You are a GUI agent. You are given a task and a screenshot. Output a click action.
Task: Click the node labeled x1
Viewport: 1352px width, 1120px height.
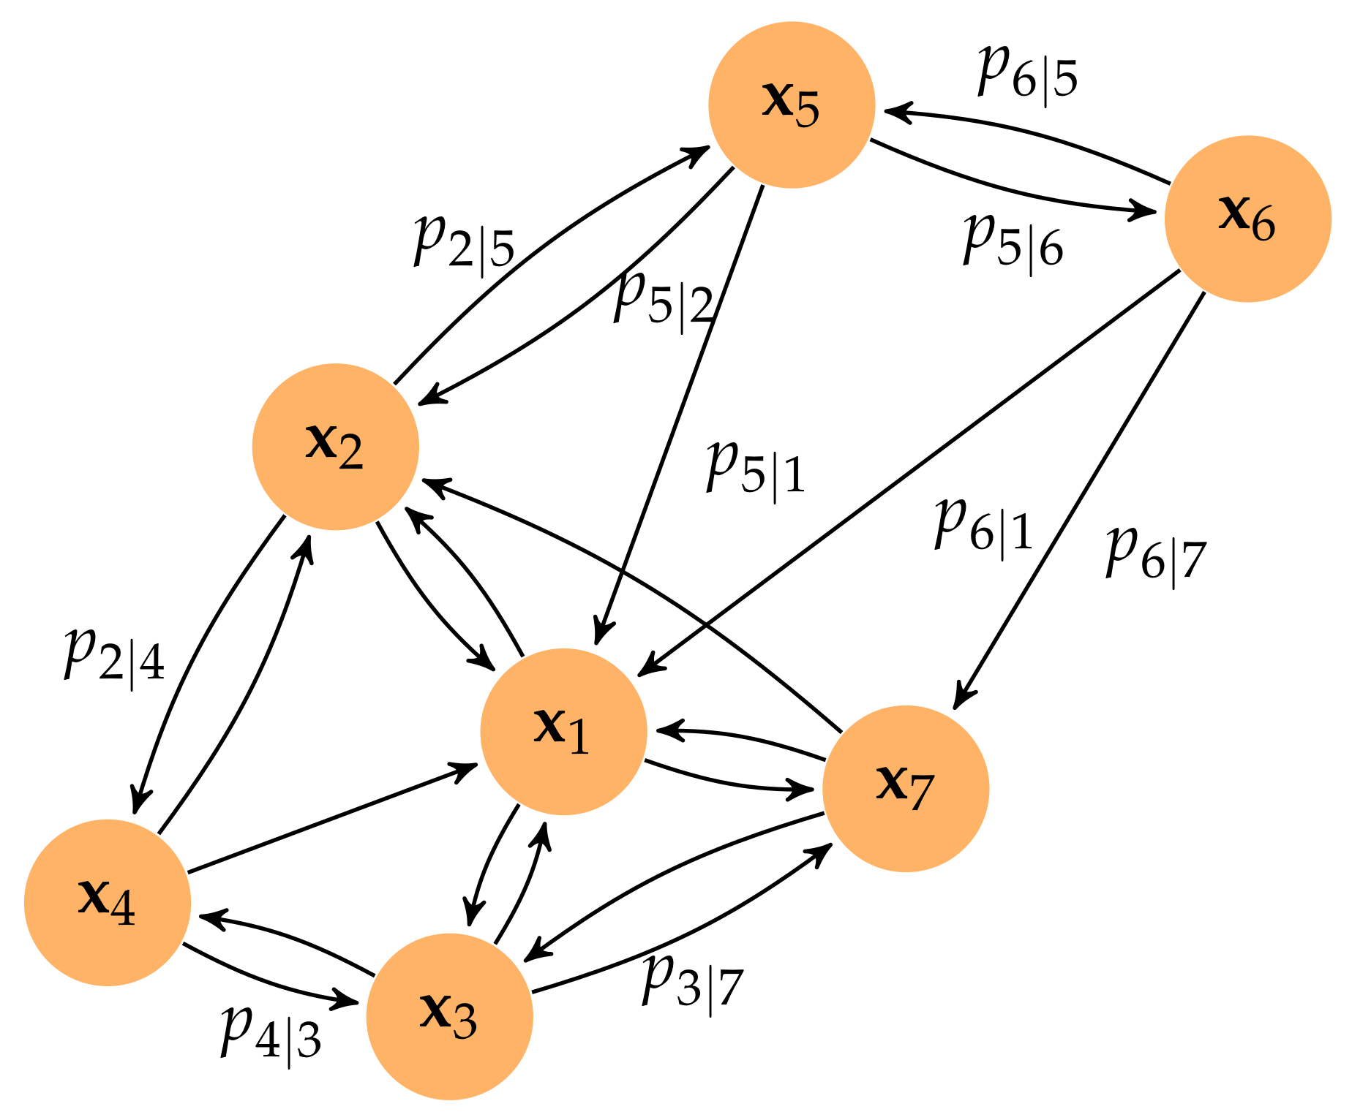[563, 731]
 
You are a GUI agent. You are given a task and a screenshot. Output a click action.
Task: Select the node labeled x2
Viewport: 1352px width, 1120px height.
[335, 446]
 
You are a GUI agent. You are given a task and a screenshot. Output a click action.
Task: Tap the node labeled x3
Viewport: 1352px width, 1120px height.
[449, 1016]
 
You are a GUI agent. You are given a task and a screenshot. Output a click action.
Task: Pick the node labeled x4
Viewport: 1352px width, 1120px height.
[108, 902]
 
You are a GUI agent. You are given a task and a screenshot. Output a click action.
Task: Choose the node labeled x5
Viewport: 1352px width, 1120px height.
[792, 105]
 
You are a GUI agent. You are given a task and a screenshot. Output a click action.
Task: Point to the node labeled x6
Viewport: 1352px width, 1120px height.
[1247, 219]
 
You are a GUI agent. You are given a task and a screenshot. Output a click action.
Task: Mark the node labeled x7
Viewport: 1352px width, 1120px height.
[906, 788]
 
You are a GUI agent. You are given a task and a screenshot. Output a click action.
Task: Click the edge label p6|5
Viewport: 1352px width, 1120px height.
[1027, 73]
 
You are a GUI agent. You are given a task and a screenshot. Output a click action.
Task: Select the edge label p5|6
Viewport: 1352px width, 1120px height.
[1013, 242]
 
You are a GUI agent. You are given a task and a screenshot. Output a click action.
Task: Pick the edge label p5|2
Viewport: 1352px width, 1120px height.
[663, 299]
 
